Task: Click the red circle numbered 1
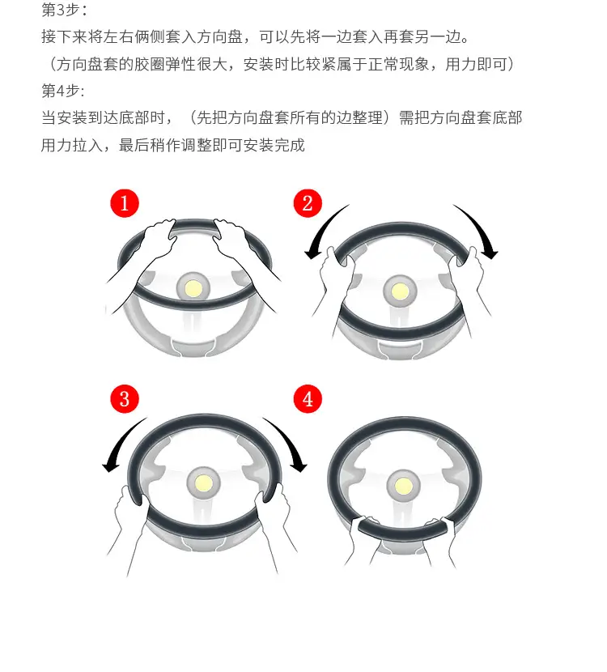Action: (125, 203)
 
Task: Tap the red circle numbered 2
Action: (308, 203)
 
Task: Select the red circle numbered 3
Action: (125, 399)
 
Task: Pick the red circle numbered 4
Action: (308, 399)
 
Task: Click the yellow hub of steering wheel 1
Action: (193, 288)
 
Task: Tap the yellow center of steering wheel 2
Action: (400, 291)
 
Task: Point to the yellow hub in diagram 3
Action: (203, 484)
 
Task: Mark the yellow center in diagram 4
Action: (404, 487)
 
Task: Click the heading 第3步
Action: (64, 10)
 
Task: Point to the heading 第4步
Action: (63, 91)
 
